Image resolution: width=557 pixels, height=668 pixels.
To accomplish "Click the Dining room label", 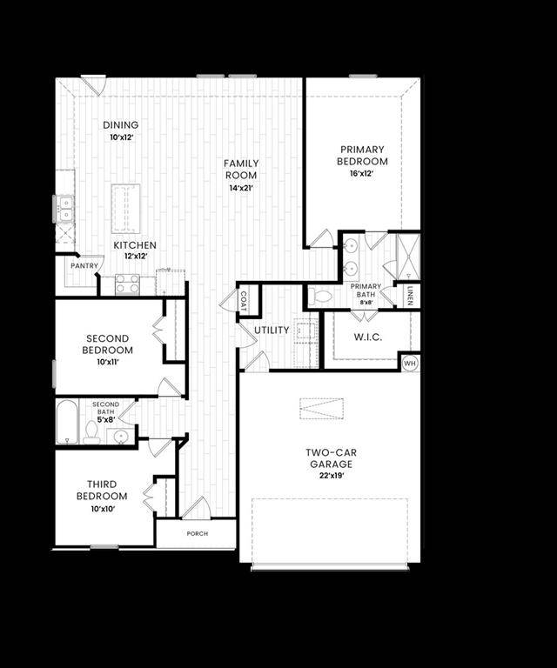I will (x=120, y=125).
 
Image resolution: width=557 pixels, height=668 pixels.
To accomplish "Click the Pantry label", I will (x=84, y=266).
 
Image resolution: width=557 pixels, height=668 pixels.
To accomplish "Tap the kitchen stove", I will (x=128, y=284).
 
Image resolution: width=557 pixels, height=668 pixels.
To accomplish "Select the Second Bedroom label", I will (x=107, y=344).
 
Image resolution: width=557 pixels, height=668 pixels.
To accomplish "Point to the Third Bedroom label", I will (x=107, y=490).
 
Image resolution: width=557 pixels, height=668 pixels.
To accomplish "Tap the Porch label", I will (x=198, y=533).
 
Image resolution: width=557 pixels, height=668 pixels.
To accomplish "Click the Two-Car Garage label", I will (x=331, y=458).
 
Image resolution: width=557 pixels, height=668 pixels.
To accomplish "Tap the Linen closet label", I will (x=409, y=296).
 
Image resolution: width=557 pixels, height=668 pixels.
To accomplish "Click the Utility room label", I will (x=272, y=331).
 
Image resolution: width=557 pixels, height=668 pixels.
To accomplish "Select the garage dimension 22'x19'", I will (x=331, y=477).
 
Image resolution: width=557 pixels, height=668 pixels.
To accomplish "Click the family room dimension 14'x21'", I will (x=241, y=188).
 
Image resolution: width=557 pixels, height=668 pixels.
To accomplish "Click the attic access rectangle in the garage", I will (x=322, y=408).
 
